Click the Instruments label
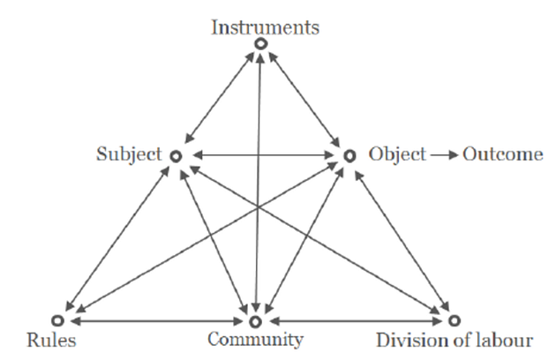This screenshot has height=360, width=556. pyautogui.click(x=265, y=26)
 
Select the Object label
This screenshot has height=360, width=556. pyautogui.click(x=396, y=154)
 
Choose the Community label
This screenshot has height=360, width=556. pyautogui.click(x=256, y=340)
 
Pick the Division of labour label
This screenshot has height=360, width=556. pyautogui.click(x=455, y=340)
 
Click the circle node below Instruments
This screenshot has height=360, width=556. pyautogui.click(x=259, y=43)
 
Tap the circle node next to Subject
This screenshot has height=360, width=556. pyautogui.click(x=175, y=155)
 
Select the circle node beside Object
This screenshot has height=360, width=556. pyautogui.click(x=349, y=155)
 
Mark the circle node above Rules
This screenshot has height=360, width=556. pyautogui.click(x=58, y=320)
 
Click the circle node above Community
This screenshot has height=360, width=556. pyautogui.click(x=256, y=320)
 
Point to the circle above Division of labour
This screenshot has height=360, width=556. pyautogui.click(x=454, y=320)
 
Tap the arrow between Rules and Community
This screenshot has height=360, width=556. pyautogui.click(x=157, y=320)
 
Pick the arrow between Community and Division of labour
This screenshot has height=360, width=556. pyautogui.click(x=355, y=320)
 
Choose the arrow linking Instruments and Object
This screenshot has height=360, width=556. pyautogui.click(x=304, y=98)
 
